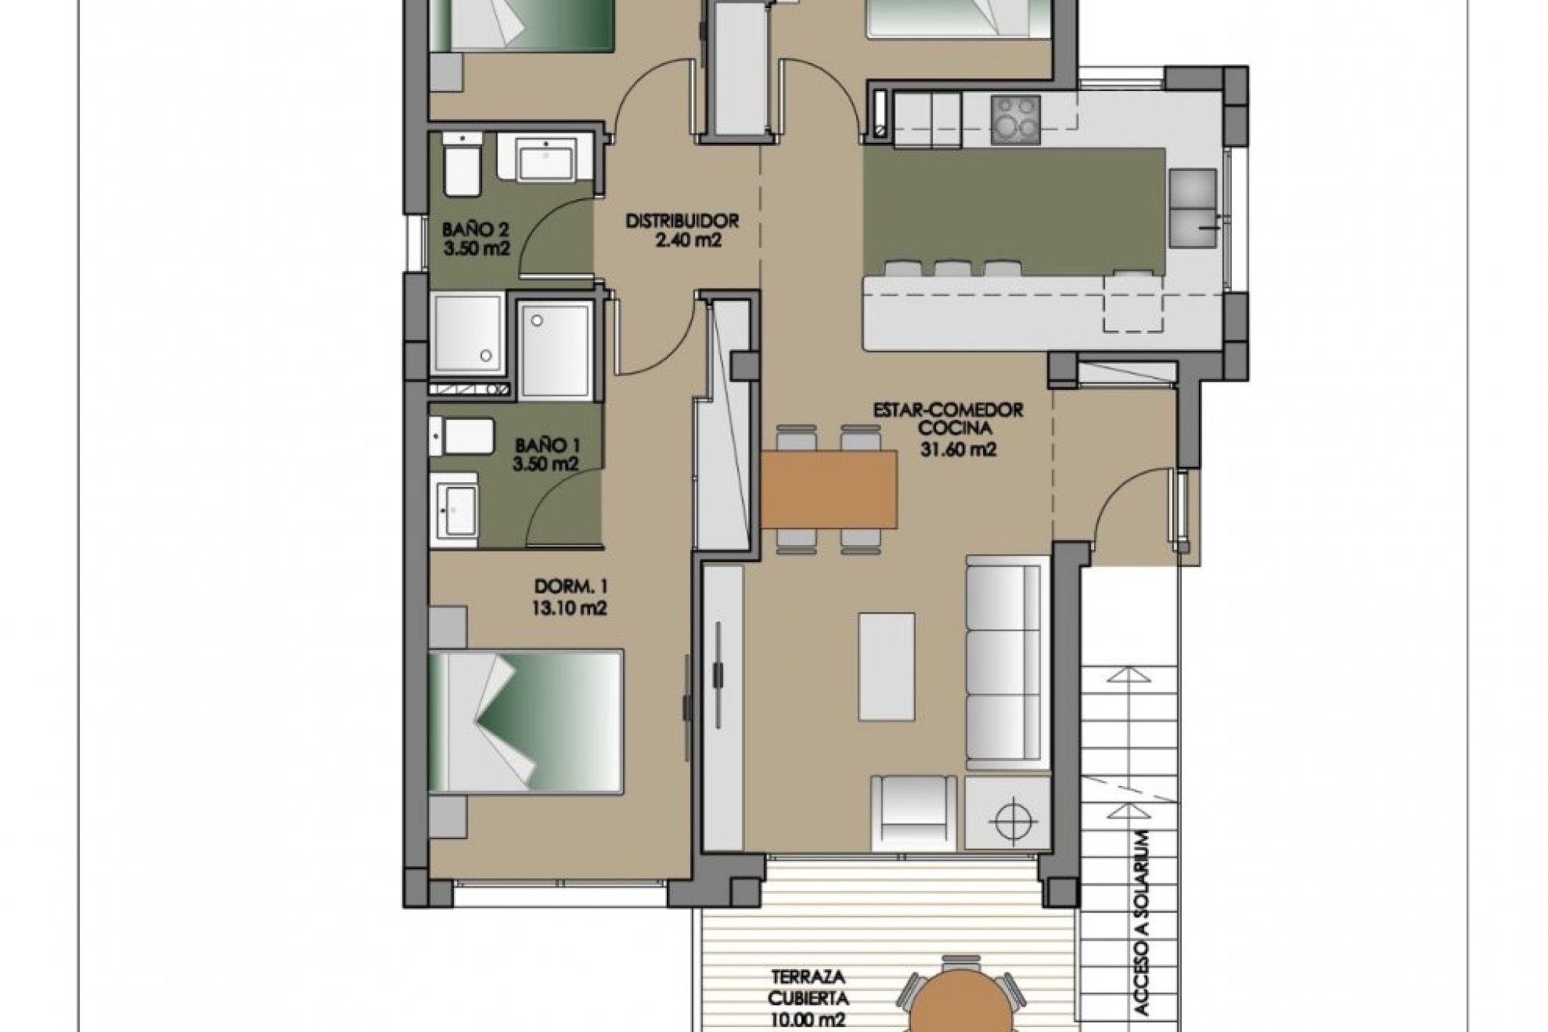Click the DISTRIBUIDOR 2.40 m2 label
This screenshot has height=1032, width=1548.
tap(683, 230)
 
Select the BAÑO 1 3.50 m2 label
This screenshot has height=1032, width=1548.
tap(547, 454)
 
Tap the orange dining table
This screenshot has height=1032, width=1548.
tap(829, 488)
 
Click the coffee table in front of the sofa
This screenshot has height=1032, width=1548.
tap(886, 666)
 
